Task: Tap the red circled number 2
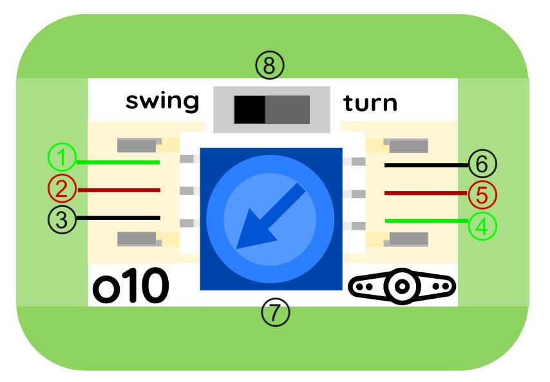pos(62,189)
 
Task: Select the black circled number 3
pos(62,219)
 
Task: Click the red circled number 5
pos(482,193)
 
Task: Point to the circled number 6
pos(482,164)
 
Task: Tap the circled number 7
pos(275,312)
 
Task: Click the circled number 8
pos(269,65)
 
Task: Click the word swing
pos(162,102)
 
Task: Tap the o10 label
pos(131,286)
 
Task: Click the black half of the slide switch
pos(249,109)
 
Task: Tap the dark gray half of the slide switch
pos(287,109)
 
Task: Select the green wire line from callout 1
pos(119,162)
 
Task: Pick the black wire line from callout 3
pos(119,217)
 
